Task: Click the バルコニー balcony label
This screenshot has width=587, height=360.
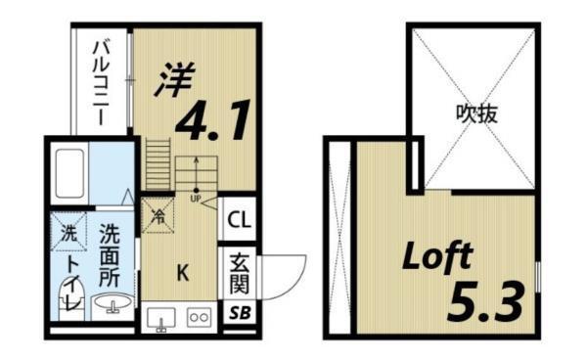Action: click(x=100, y=82)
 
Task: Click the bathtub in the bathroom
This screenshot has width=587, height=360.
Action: click(x=71, y=169)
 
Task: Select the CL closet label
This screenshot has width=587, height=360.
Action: click(x=239, y=220)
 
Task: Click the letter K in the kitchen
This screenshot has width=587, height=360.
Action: click(x=181, y=273)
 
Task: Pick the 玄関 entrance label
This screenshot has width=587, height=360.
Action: click(x=239, y=273)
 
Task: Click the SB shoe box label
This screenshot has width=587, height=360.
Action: click(x=239, y=314)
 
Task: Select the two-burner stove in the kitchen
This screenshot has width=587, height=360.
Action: click(x=200, y=317)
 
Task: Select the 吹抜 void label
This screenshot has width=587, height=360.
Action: click(x=477, y=112)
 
